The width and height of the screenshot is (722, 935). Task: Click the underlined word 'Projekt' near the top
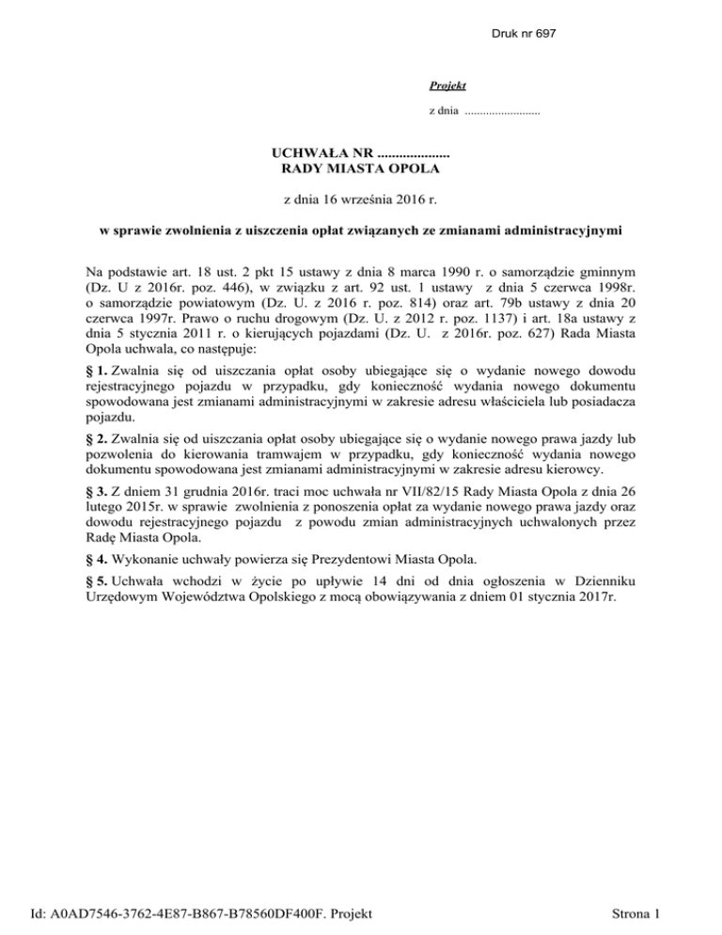tap(442, 86)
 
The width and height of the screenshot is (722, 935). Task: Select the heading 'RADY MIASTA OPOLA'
tap(361, 168)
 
